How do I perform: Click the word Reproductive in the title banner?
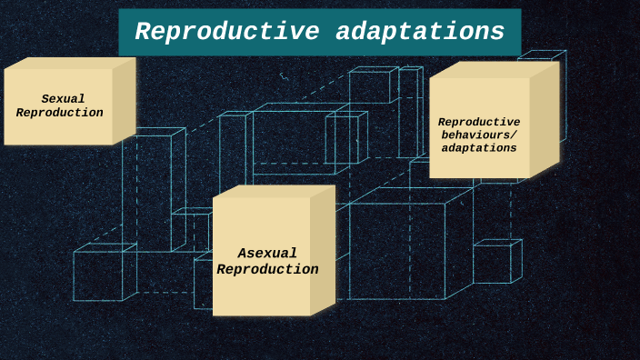(x=225, y=33)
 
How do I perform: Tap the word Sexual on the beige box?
(x=63, y=99)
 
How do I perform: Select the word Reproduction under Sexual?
(x=60, y=113)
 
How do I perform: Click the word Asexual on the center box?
(x=267, y=254)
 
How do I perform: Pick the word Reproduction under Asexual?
(x=267, y=270)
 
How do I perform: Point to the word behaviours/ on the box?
(x=479, y=135)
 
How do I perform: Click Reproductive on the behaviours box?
(x=479, y=122)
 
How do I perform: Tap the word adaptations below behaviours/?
(x=479, y=147)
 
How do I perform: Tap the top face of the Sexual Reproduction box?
(x=70, y=63)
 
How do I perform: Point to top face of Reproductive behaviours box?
(x=494, y=69)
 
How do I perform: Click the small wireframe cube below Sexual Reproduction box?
(x=100, y=275)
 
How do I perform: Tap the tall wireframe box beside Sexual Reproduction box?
(x=151, y=186)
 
